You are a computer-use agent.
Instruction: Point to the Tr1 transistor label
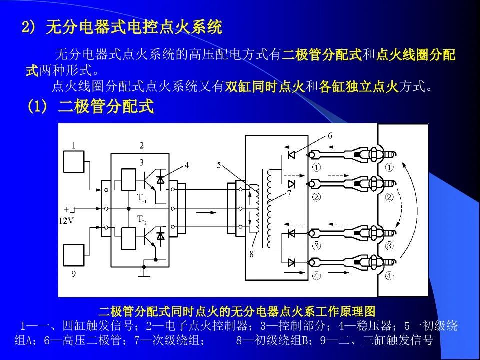[142, 197]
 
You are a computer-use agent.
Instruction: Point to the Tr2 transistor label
[142, 219]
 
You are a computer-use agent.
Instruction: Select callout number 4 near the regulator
[186, 165]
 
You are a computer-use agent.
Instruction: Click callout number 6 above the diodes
[330, 136]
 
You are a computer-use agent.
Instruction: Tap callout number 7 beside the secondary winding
[289, 194]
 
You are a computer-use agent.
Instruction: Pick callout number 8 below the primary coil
[251, 254]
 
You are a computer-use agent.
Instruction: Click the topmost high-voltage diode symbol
[292, 155]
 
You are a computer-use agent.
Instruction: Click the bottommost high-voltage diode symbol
[292, 262]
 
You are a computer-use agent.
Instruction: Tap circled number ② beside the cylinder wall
[389, 197]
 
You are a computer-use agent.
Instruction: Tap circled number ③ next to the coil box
[316, 245]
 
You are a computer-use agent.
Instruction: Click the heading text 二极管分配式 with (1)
[90, 107]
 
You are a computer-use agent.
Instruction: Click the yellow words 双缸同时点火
[265, 87]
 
